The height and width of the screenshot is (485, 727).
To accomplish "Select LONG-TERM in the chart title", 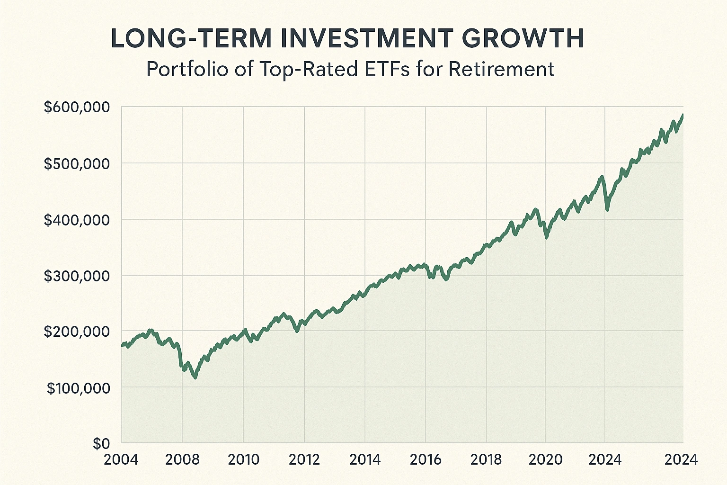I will (x=191, y=39).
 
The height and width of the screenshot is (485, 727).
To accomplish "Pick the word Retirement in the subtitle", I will (x=501, y=70).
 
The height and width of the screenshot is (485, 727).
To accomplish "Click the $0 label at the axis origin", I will (x=101, y=444).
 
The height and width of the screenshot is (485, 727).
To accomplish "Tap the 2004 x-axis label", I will (x=121, y=459).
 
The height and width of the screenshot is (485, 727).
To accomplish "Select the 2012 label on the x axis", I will (x=304, y=459).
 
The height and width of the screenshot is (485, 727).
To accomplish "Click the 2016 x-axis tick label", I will (x=426, y=459).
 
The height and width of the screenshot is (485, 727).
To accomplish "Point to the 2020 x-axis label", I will (x=545, y=459).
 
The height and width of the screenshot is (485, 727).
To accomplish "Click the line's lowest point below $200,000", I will (x=195, y=377).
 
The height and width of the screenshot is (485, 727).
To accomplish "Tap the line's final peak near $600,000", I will (x=683, y=115).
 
